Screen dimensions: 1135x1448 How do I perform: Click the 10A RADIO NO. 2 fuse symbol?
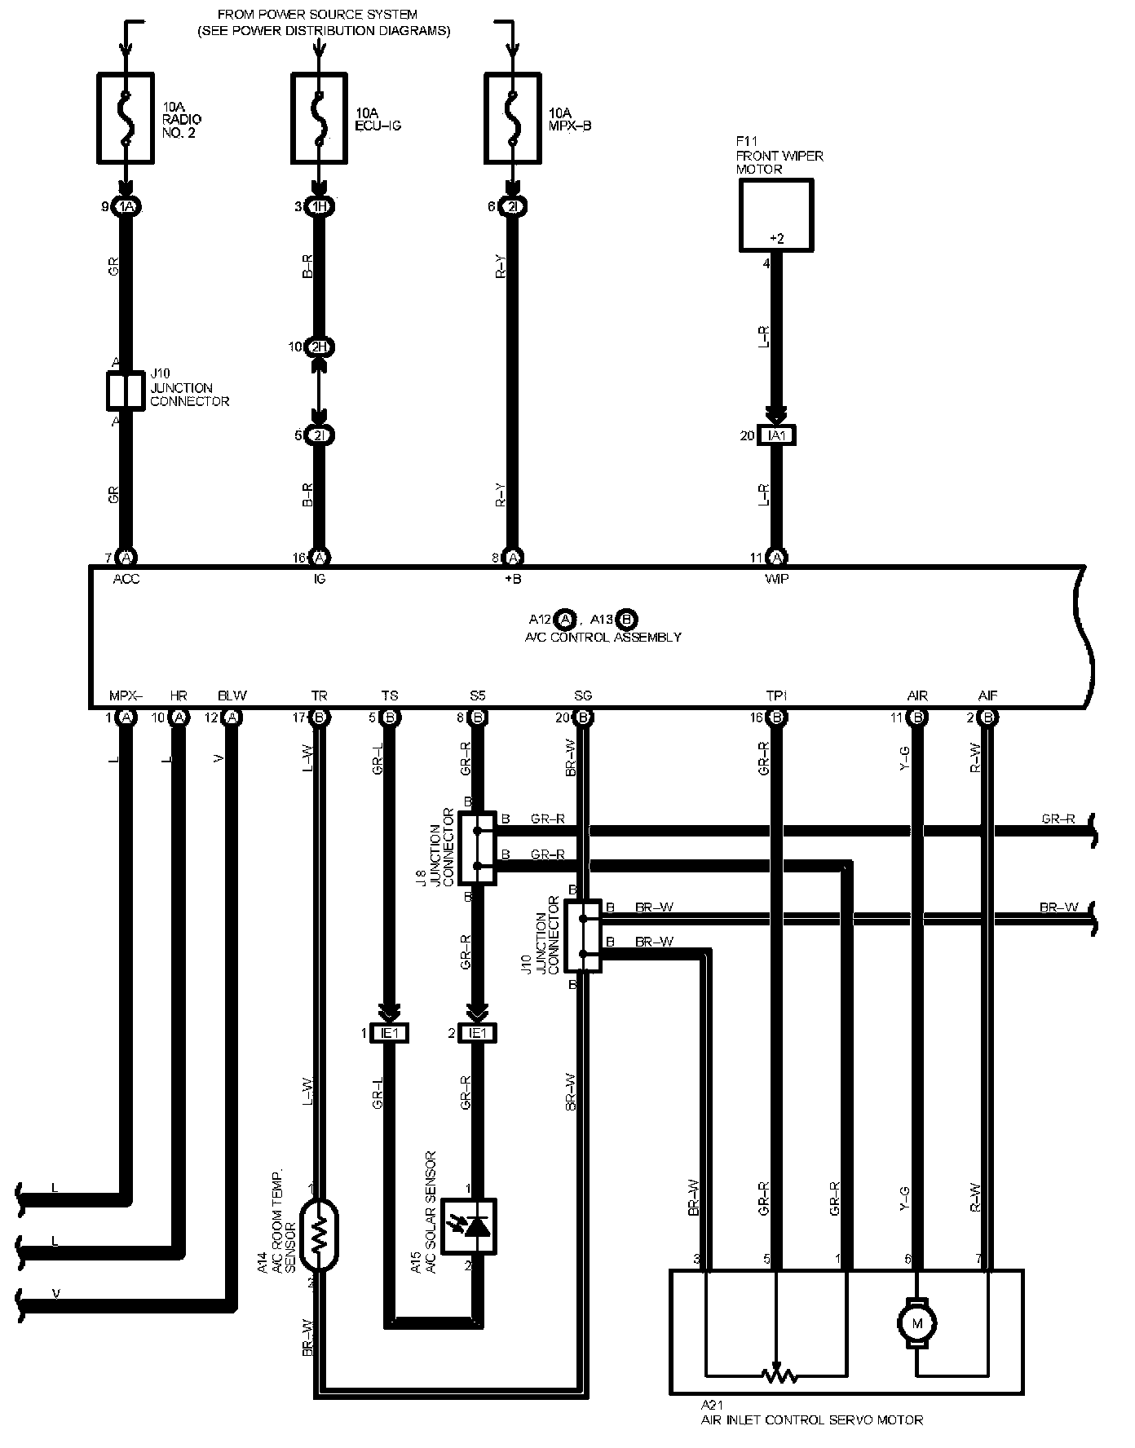click(x=126, y=119)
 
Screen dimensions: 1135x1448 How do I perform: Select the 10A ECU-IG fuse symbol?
click(x=320, y=119)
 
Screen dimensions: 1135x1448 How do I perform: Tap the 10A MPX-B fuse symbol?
click(x=512, y=119)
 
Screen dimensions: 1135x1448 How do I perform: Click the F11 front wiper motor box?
click(x=776, y=215)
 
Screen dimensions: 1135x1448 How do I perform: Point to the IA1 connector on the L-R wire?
click(x=777, y=435)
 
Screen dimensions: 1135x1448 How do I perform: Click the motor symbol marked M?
click(x=917, y=1322)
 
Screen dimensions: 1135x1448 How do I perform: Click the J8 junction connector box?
click(x=478, y=848)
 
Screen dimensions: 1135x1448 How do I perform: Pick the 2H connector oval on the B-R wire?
click(x=320, y=347)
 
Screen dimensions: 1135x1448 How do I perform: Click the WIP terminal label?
click(x=777, y=580)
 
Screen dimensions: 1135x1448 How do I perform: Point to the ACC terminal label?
click(x=126, y=580)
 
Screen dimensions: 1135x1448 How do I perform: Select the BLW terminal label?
click(x=232, y=695)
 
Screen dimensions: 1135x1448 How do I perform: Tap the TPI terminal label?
click(x=776, y=695)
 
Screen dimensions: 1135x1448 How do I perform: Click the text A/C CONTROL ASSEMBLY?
click(x=603, y=638)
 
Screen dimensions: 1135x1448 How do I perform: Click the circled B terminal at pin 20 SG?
click(x=583, y=718)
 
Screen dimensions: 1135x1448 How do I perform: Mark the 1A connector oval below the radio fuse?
click(x=126, y=207)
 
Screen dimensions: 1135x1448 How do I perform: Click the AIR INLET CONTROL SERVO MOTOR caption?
click(x=812, y=1419)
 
